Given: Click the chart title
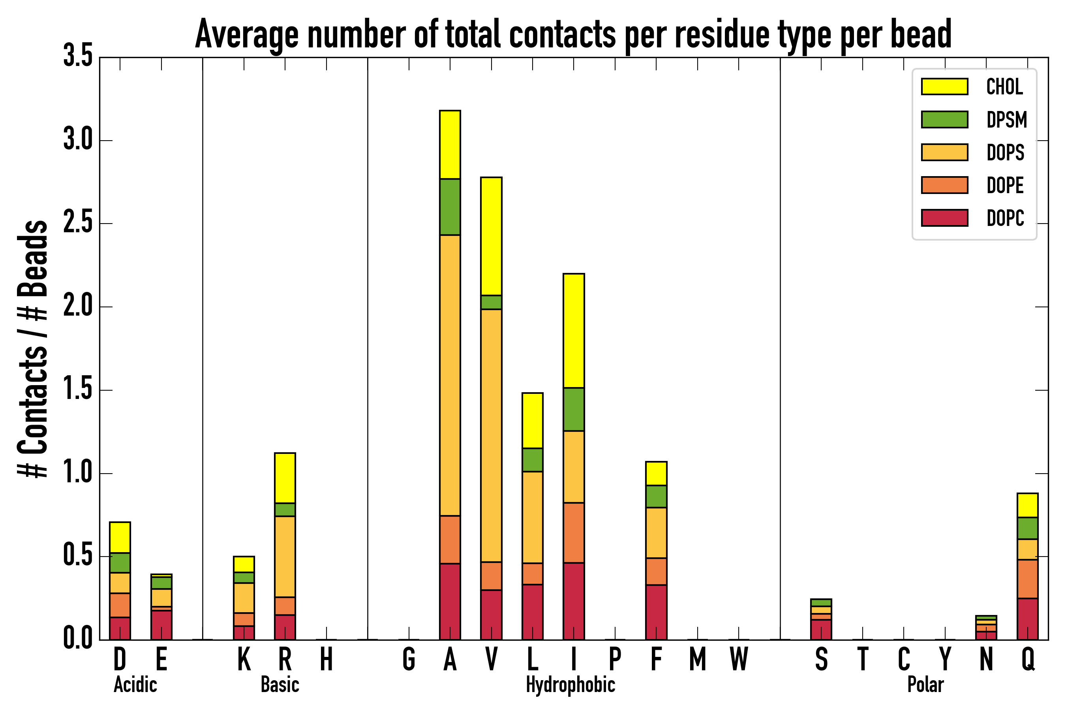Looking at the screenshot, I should click(x=573, y=34).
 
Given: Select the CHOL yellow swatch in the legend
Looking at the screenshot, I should click(x=944, y=86).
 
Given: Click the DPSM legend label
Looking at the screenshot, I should click(x=1006, y=120).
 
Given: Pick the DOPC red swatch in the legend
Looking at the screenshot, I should click(x=944, y=218).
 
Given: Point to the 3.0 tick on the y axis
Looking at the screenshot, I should click(x=77, y=140).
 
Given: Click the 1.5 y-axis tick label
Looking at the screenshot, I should click(x=77, y=390).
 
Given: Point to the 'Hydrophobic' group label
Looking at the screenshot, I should click(x=570, y=685).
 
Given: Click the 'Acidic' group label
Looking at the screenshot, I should click(x=135, y=685).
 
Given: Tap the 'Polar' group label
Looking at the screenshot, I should click(x=925, y=685).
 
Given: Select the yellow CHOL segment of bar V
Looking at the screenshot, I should click(x=491, y=236).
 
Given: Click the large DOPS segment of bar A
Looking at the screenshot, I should click(x=450, y=374).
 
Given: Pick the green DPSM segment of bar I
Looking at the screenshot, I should click(x=573, y=409).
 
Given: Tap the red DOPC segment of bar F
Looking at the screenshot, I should click(x=656, y=612).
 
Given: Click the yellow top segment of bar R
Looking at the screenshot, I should click(x=285, y=478).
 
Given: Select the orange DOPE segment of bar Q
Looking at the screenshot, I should click(x=1027, y=579).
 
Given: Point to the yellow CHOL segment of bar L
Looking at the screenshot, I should click(x=532, y=420).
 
